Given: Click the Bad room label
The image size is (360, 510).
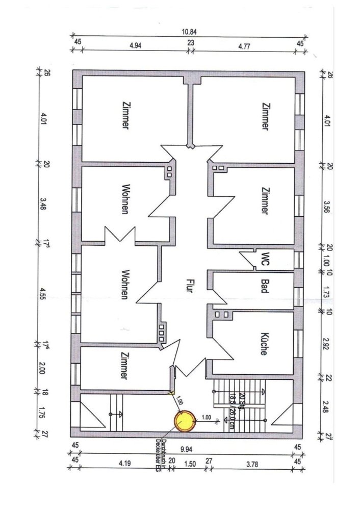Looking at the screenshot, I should pyautogui.click(x=265, y=285).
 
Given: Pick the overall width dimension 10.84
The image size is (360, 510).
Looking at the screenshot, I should pyautogui.click(x=189, y=31).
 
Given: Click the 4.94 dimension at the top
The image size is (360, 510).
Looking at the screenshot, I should pyautogui.click(x=135, y=45).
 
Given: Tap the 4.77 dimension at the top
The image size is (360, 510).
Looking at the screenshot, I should pyautogui.click(x=245, y=45).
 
